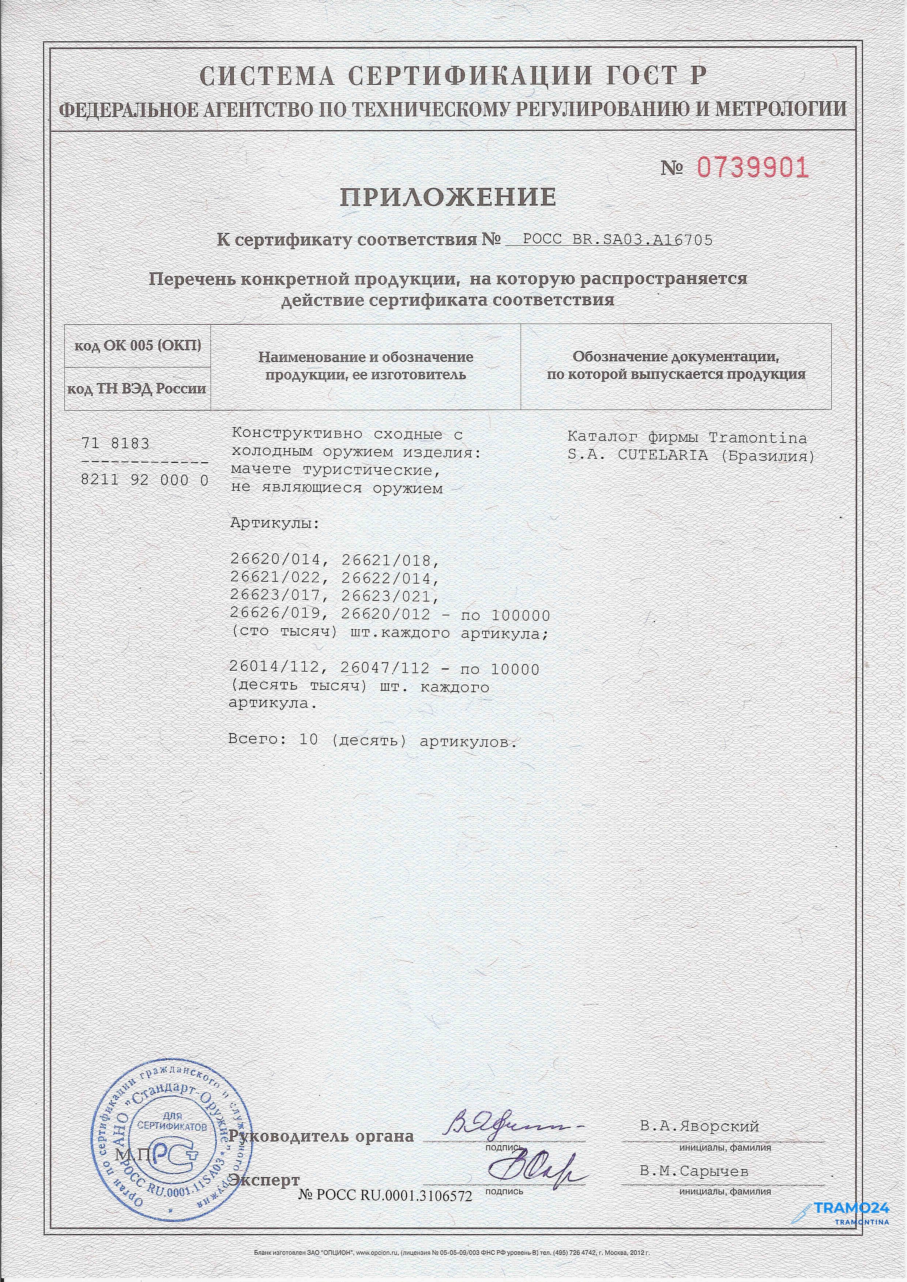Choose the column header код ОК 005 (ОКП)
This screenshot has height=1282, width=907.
point(138,346)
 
